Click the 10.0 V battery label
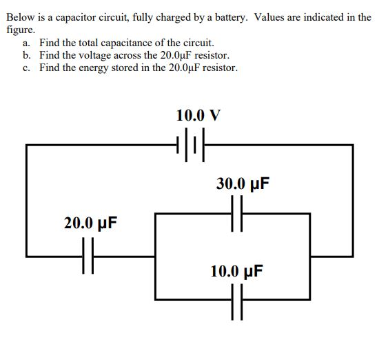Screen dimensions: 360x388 click(x=198, y=114)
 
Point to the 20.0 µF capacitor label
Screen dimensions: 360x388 click(x=90, y=223)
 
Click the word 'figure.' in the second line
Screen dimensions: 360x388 click(x=21, y=30)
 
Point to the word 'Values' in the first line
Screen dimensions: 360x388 click(x=271, y=17)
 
